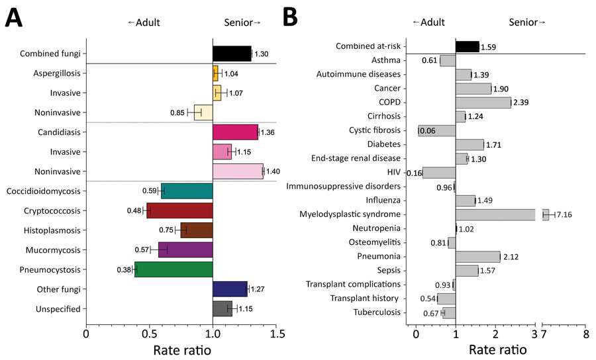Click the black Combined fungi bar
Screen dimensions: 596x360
tap(232, 54)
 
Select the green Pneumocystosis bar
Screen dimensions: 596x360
tap(174, 269)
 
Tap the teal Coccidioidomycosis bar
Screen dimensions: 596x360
tap(187, 191)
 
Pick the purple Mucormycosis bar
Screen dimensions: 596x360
tap(185, 250)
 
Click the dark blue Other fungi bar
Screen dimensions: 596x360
tap(230, 289)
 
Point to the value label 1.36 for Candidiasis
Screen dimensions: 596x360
tap(268, 132)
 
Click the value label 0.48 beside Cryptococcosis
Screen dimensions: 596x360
tap(134, 210)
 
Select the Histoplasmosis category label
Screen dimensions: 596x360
tap(52, 230)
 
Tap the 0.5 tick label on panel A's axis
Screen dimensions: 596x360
tap(150, 334)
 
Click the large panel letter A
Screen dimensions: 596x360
tap(14, 19)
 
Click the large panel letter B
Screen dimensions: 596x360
tap(291, 17)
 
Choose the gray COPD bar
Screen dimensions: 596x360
tap(483, 103)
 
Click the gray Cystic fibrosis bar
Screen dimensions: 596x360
tap(437, 130)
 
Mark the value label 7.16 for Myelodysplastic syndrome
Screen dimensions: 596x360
tap(564, 214)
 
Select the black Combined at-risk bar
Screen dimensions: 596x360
tap(468, 46)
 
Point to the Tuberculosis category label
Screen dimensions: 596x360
tap(377, 312)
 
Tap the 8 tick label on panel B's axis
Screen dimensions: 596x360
tap(586, 334)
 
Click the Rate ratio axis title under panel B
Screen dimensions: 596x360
tap(497, 350)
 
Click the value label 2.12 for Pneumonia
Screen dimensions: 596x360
tap(511, 257)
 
